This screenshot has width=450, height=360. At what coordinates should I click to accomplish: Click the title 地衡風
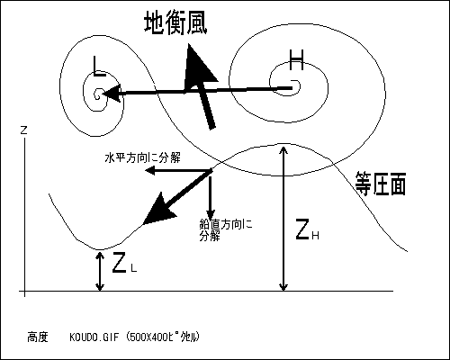pos(175,22)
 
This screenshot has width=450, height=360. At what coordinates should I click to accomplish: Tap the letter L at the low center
pos(99,66)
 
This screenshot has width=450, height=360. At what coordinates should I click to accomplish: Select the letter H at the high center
pos(296,60)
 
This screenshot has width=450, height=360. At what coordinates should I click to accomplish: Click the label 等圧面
pos(381,184)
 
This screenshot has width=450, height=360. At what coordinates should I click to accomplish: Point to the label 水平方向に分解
pos(143,157)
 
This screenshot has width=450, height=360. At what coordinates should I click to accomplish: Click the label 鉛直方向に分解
pos(226,230)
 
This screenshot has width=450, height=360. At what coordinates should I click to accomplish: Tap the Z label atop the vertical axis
pos(23,130)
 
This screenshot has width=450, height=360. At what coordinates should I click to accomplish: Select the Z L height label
pos(124,263)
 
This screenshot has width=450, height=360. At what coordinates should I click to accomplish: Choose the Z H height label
pos(307,229)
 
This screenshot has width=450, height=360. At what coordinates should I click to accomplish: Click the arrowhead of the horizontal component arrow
pos(150,171)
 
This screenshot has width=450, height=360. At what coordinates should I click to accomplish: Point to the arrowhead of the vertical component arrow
pos(211,215)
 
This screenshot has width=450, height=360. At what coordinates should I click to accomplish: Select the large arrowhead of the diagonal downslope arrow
pos(157,211)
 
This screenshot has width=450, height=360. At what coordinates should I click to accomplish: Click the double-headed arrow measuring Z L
pos(100,271)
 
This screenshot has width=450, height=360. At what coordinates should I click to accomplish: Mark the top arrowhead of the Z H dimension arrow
pos(283,149)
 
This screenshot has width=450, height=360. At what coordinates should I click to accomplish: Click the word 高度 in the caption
pos(38,337)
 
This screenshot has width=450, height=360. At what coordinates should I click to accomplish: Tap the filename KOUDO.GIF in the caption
pos(94,337)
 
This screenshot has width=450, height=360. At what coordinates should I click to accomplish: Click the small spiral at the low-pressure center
pos(98,94)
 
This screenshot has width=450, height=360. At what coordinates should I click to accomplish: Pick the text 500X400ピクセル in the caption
pos(163,337)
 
